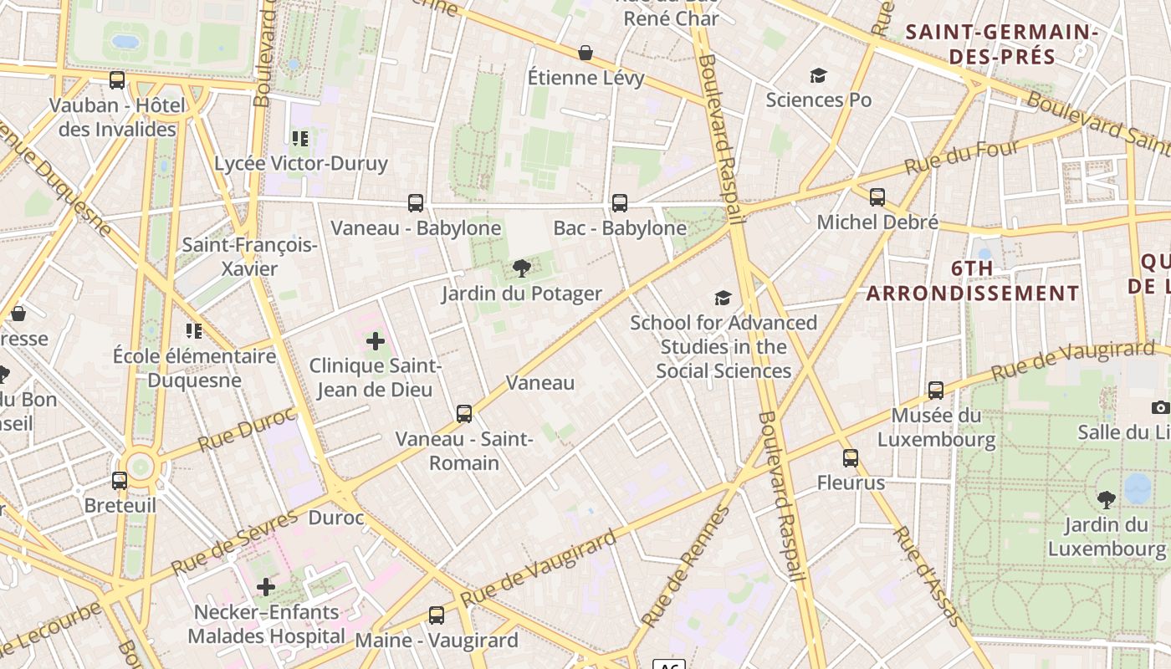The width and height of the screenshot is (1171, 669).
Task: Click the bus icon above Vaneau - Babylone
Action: (416, 202)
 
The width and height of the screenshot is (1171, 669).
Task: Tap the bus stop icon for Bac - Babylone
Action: (620, 202)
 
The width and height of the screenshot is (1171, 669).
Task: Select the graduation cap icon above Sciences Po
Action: (818, 76)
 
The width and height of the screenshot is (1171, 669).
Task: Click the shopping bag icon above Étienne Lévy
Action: (585, 53)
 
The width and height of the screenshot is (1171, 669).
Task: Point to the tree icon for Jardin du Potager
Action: (522, 268)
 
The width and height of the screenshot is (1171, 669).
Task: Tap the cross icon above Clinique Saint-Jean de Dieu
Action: (376, 341)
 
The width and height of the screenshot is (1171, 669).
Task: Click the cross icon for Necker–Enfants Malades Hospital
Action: (266, 587)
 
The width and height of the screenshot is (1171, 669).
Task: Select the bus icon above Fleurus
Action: (851, 458)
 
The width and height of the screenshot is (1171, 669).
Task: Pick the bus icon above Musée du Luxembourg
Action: (936, 391)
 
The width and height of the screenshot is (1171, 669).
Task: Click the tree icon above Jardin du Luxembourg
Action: (1107, 500)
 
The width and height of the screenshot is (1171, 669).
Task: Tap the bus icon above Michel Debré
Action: (877, 197)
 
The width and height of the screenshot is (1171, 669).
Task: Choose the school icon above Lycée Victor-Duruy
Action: (300, 138)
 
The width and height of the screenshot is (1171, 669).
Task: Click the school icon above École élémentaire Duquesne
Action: (194, 331)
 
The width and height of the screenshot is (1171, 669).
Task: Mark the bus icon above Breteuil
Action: (120, 481)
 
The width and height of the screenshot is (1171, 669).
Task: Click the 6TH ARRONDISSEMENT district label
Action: (973, 281)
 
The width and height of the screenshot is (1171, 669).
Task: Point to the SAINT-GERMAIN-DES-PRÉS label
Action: (1001, 44)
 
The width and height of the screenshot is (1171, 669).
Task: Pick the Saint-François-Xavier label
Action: (249, 257)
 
